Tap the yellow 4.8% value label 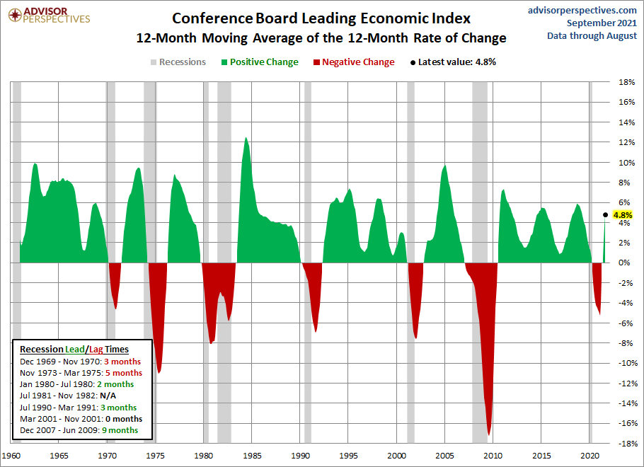(623, 215)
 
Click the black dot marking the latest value (605, 214)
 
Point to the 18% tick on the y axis (626, 82)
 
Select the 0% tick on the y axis (626, 263)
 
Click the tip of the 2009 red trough (489, 434)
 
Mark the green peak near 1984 (246, 138)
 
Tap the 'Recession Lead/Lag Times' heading (74, 350)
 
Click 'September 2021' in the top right (602, 23)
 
